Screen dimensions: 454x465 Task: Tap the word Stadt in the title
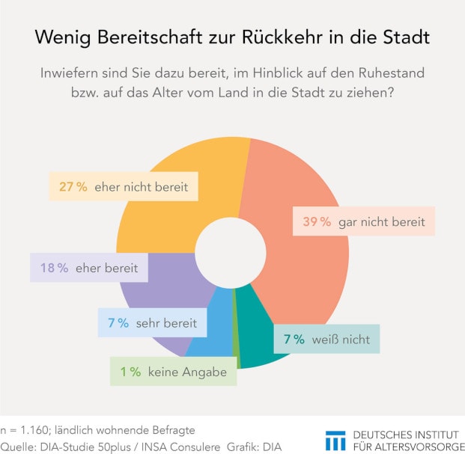pyautogui.click(x=406, y=37)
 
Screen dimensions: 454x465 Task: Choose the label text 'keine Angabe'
pyautogui.click(x=187, y=371)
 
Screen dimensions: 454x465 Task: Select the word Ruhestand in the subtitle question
pyautogui.click(x=392, y=74)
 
